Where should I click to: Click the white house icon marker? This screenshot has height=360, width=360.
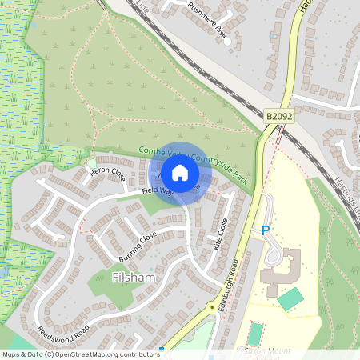180,172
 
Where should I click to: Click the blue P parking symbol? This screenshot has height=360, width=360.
266,230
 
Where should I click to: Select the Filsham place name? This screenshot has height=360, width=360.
133,277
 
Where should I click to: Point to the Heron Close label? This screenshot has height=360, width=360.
107,173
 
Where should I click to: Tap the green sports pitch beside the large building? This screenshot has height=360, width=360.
290,298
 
